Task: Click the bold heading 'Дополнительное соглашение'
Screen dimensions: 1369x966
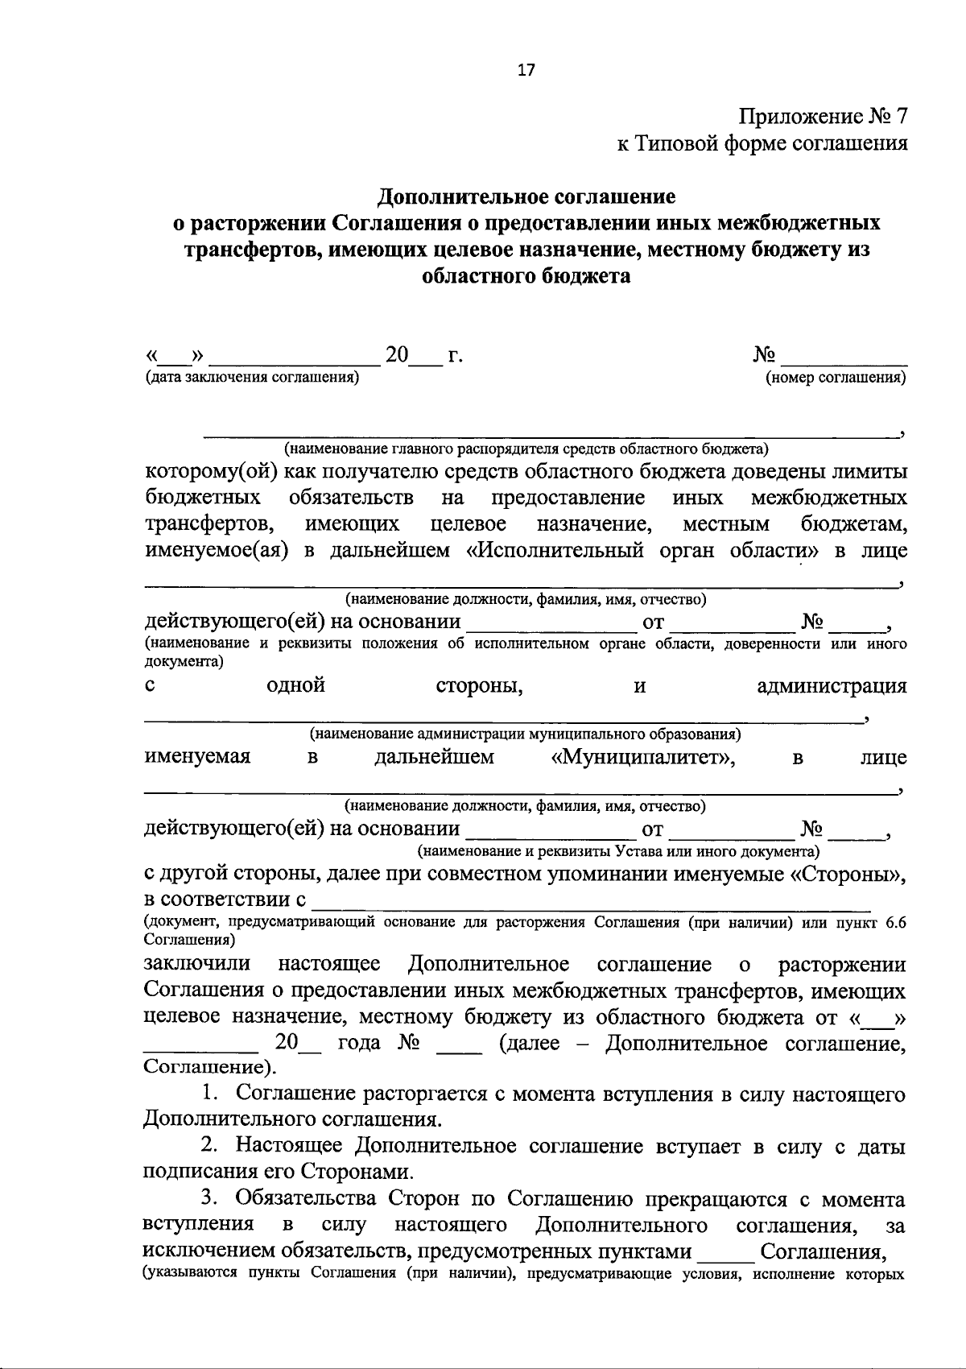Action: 527,196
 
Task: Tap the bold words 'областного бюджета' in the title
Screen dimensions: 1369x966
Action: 526,276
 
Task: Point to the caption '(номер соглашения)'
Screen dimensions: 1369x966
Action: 836,377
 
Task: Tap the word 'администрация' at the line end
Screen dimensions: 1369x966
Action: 832,686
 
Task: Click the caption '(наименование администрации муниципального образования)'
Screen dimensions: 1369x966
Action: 526,734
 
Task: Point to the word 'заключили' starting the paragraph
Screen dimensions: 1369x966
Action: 197,964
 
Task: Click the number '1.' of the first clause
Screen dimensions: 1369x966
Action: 210,1094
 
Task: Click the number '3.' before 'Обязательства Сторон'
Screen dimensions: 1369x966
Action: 210,1198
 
